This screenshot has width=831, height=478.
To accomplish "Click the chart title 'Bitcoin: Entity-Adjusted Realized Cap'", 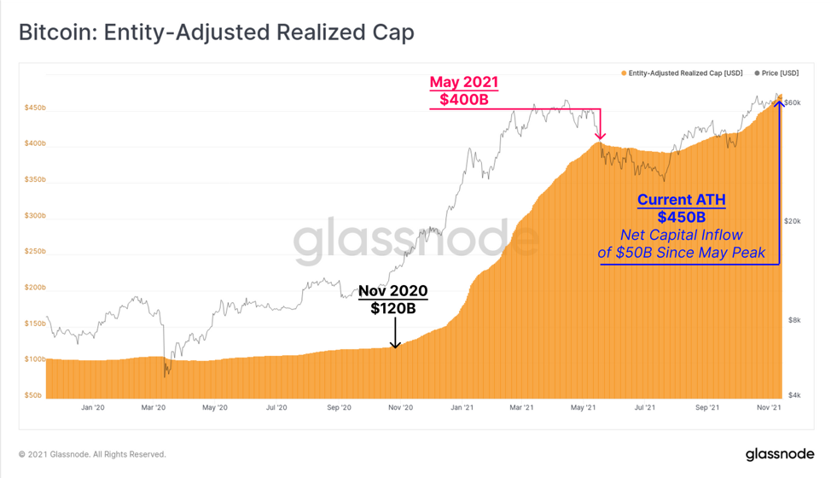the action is [216, 32].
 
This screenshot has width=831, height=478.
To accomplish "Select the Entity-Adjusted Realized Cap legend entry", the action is [682, 73].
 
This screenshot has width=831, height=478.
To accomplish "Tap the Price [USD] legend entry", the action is [776, 73].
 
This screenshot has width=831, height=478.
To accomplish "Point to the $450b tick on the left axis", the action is [35, 108].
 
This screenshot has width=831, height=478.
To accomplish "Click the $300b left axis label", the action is [35, 216].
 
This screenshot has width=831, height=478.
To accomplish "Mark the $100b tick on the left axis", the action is [35, 359].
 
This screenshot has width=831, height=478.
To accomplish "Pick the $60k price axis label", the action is [793, 102].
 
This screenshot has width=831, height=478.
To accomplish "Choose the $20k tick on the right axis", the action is [793, 221].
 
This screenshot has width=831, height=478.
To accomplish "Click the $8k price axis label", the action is [794, 320].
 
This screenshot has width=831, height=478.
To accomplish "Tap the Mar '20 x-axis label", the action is [154, 407].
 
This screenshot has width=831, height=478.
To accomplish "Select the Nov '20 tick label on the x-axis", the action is [400, 407].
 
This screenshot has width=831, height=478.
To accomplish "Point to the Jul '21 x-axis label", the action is [644, 407].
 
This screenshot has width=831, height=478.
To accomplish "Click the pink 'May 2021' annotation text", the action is [464, 82].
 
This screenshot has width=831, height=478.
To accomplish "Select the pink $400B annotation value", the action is [464, 100].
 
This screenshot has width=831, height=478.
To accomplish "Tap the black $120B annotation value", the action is [392, 308].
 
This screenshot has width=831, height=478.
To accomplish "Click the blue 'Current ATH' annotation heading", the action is [682, 200].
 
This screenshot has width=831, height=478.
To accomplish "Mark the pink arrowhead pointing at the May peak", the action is [600, 137].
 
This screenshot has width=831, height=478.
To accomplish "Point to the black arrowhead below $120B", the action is [395, 345].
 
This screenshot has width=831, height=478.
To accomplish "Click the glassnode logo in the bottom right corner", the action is [780, 454].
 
